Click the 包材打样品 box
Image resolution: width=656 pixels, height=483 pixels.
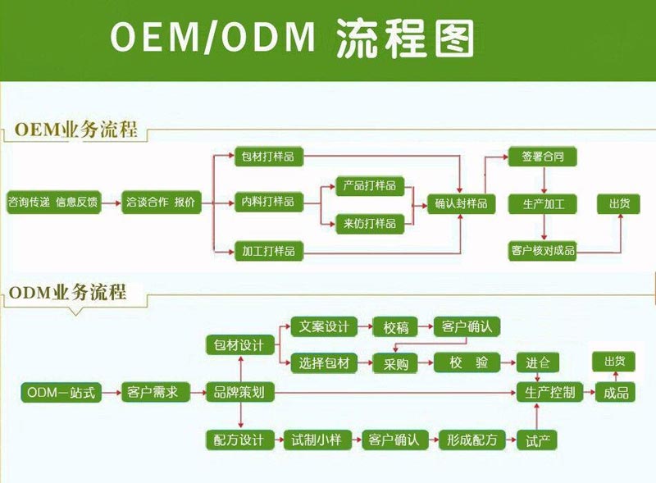tap(266, 156)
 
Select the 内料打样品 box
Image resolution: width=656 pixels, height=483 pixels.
tap(266, 202)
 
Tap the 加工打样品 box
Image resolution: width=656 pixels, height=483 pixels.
tap(266, 251)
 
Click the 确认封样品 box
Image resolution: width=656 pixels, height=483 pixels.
tap(462, 203)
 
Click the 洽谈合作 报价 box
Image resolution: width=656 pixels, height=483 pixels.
tap(160, 202)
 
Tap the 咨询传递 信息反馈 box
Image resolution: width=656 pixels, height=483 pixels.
tap(53, 202)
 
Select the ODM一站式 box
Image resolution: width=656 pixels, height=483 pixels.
tap(61, 393)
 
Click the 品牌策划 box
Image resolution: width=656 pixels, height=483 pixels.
tap(239, 393)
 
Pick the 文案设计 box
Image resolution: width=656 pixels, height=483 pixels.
tap(325, 327)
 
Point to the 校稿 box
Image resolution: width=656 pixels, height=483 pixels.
tap(396, 327)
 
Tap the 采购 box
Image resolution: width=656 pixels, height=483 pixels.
tap(396, 363)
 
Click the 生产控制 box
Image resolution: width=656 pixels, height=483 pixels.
tap(549, 393)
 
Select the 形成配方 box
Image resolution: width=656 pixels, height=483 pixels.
tap(471, 440)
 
